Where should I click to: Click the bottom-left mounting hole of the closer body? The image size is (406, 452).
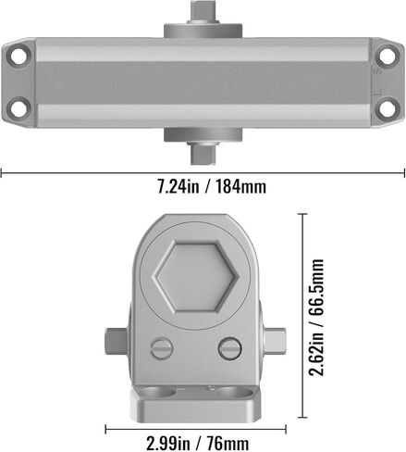click(x=18, y=109)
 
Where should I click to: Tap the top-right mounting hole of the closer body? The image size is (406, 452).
click(x=387, y=56)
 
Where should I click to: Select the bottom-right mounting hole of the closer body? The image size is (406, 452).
click(x=387, y=108)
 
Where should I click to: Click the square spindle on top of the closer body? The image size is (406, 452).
click(x=203, y=12)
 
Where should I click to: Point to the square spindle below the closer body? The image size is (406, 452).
click(x=203, y=153)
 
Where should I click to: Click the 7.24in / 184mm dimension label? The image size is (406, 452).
click(x=212, y=187)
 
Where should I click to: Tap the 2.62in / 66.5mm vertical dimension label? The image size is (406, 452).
click(x=316, y=318)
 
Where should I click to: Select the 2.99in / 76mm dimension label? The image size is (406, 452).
click(x=198, y=444)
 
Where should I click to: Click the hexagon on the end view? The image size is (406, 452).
click(x=195, y=277)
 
